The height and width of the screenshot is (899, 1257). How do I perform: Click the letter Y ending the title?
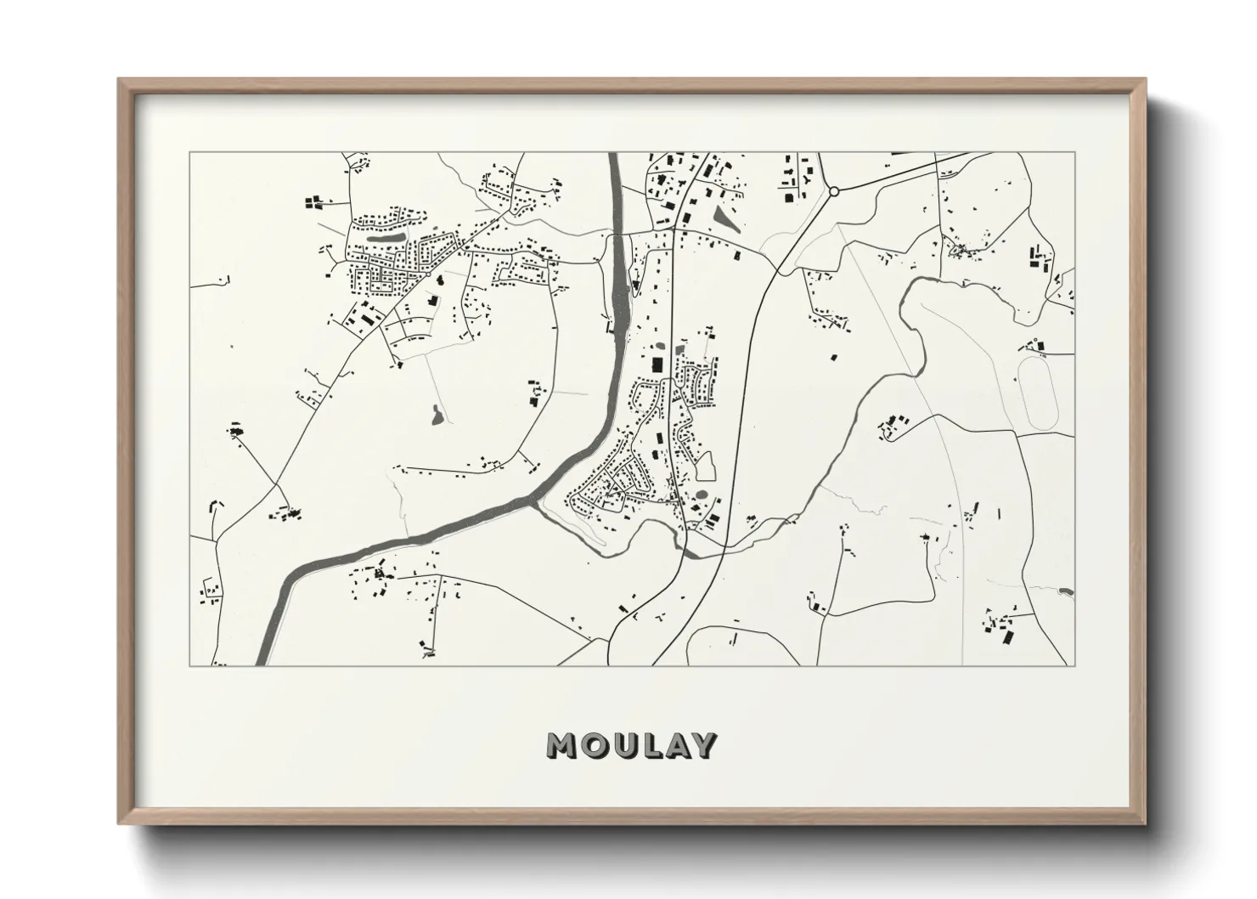tap(704, 745)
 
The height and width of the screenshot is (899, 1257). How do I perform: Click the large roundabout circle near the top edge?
tap(834, 192)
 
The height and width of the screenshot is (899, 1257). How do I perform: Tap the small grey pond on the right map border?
tap(1066, 591)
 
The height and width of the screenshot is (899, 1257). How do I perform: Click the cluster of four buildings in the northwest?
tap(314, 202)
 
